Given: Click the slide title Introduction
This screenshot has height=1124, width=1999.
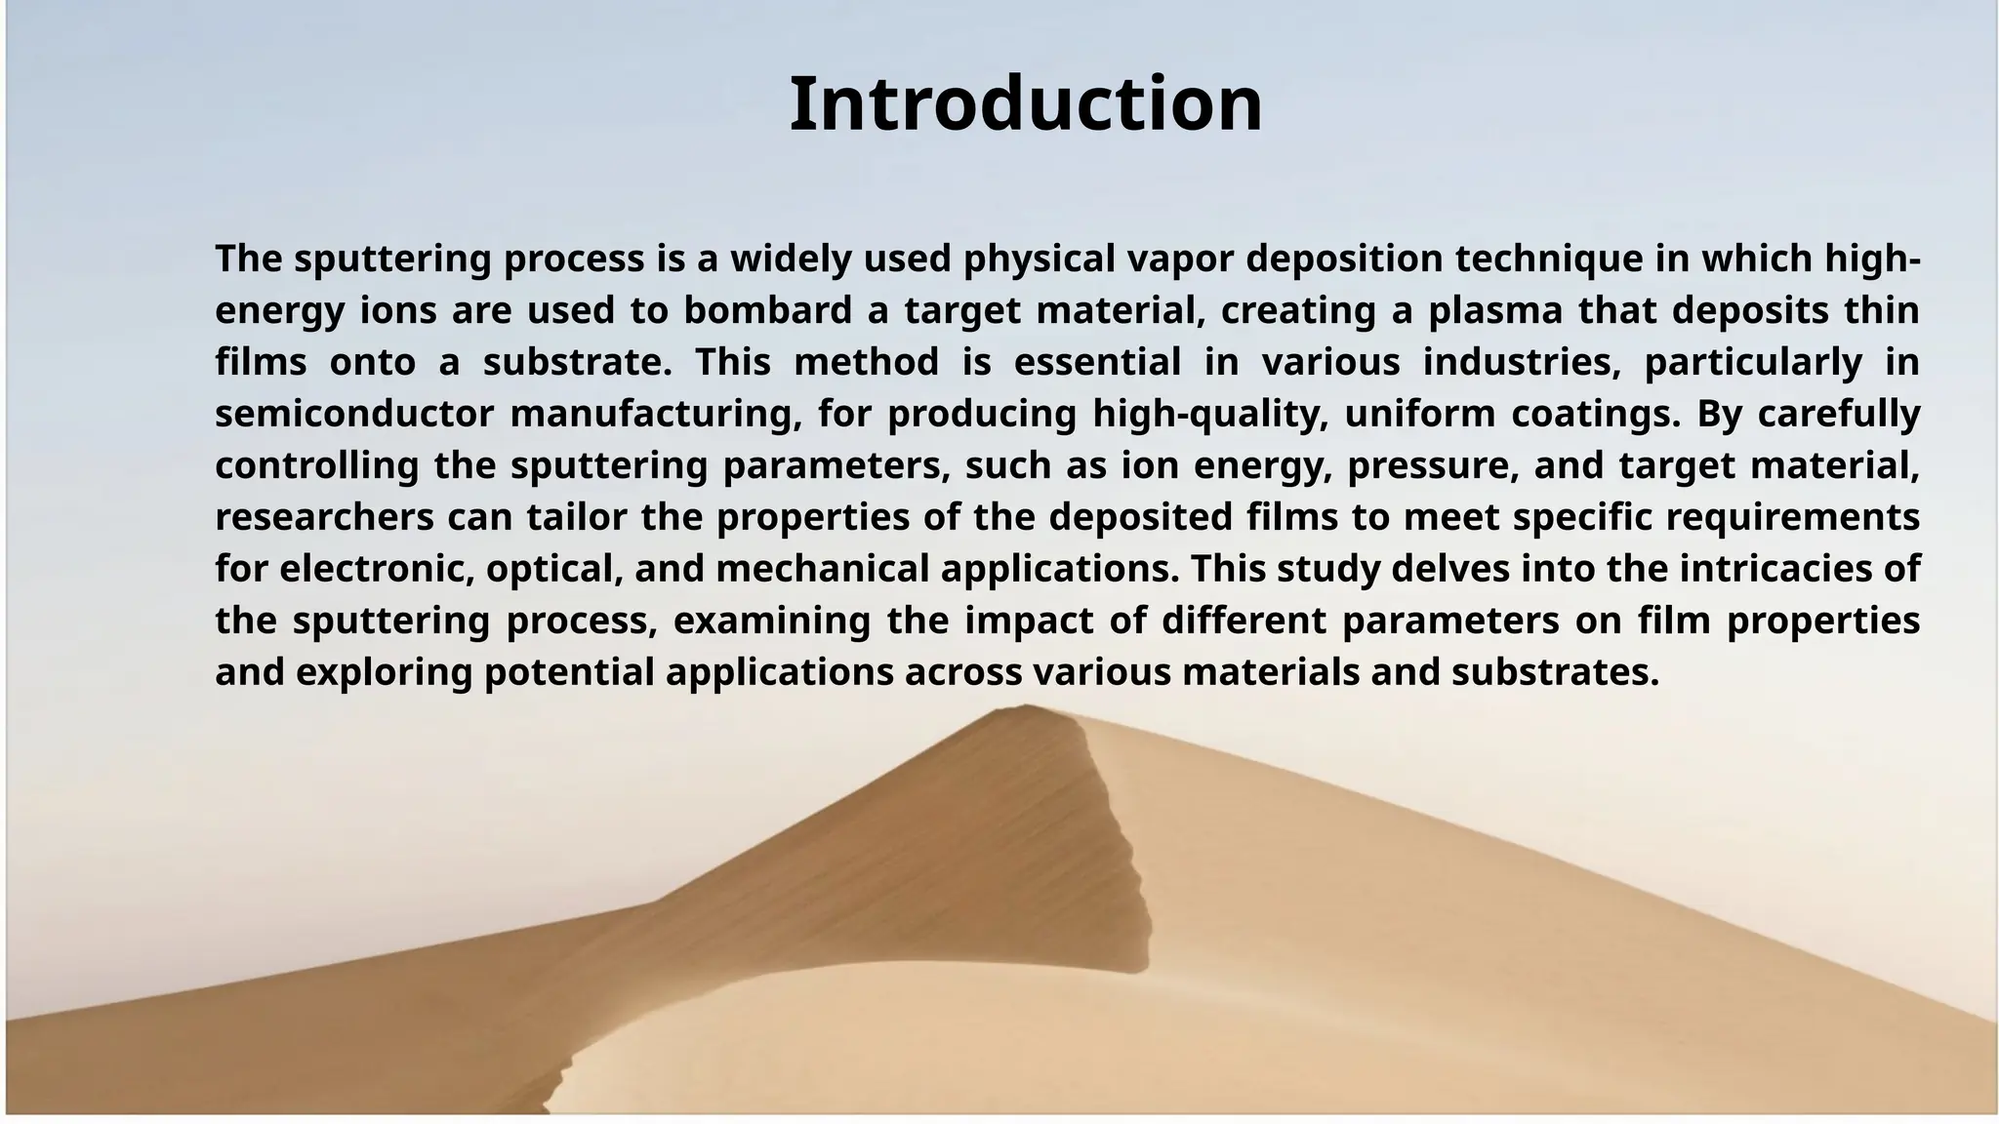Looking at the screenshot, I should click(1025, 104).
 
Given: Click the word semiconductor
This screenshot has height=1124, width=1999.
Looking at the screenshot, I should click(354, 414).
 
